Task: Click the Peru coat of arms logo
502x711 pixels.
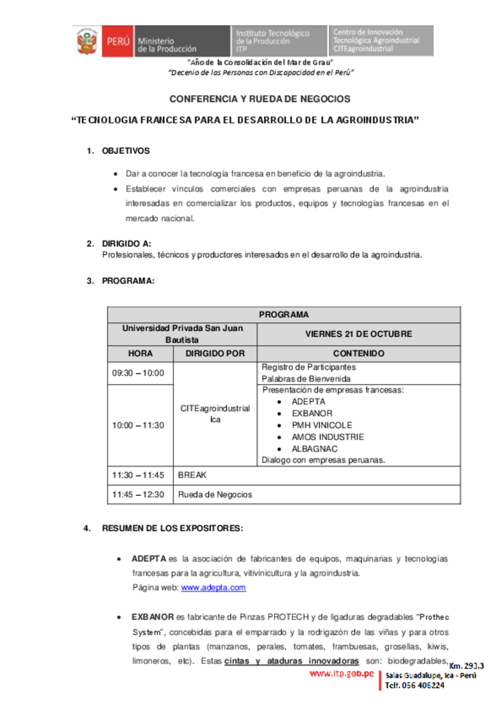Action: pos(86,41)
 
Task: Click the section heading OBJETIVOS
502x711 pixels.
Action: pos(125,151)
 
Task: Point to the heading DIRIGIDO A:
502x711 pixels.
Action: pos(127,244)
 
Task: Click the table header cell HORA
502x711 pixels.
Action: pos(141,353)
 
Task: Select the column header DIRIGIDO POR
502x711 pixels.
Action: pos(215,353)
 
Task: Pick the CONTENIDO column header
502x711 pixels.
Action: pos(358,353)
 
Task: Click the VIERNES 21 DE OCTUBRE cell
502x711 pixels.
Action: pos(358,334)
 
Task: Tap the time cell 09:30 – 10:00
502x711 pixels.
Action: pos(138,373)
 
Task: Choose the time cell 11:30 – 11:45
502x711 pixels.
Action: pos(138,475)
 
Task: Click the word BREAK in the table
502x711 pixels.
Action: pos(192,475)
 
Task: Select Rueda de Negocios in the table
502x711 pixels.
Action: pos(214,494)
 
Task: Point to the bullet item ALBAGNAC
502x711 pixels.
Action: pos(314,449)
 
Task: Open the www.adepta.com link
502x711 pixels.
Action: pos(213,587)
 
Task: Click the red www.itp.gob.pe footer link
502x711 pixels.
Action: pos(341,673)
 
